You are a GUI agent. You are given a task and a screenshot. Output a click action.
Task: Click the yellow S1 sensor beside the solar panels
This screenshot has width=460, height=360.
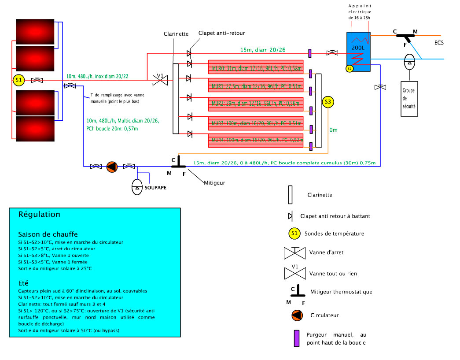pos(18,80)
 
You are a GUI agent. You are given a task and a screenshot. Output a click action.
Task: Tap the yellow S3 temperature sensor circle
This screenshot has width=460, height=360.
pos(328,102)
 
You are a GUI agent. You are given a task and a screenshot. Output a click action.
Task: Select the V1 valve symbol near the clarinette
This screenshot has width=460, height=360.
pos(160,80)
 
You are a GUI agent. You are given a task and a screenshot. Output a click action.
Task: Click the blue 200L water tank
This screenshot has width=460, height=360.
pos(358,51)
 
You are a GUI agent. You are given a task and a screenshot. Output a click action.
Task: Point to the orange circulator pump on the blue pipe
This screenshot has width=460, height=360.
pos(112,167)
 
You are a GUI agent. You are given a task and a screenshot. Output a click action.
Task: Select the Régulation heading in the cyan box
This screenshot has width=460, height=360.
pos(39,215)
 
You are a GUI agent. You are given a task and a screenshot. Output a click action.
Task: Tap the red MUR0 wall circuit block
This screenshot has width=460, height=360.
pos(255,67)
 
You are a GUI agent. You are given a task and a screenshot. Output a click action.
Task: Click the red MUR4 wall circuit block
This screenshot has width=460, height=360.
pos(255,140)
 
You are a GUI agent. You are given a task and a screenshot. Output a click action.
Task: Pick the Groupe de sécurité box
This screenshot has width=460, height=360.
pos(409,99)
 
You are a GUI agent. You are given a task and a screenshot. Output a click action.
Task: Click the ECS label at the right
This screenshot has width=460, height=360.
pos(438,43)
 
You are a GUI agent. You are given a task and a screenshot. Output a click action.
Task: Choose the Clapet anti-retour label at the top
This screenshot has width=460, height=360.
pos(221,33)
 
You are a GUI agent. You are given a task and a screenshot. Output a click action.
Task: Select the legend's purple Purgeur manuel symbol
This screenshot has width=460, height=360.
pos(297,338)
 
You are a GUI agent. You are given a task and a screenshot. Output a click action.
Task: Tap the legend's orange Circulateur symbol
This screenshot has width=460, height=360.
pos(297,315)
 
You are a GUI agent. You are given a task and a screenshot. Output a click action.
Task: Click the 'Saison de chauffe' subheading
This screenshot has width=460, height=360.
pos(48,234)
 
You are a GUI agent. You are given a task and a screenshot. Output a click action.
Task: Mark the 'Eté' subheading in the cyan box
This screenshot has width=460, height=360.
pos(23,282)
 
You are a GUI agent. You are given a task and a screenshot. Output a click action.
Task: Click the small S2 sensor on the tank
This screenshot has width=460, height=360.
pos(350,68)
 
